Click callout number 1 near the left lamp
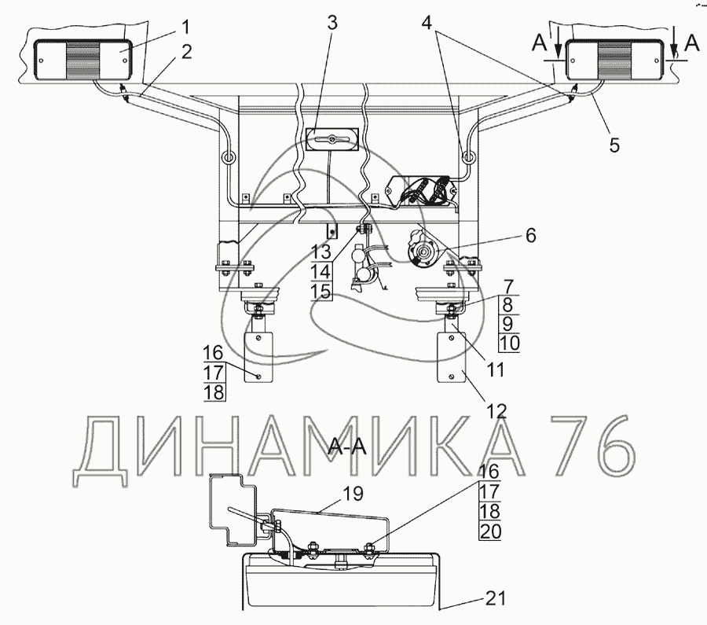[x=185, y=28]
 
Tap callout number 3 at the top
[x=332, y=23]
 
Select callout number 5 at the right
[x=614, y=145]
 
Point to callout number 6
[x=531, y=236]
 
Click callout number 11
[x=496, y=370]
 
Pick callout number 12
[x=496, y=411]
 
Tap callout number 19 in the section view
[x=353, y=494]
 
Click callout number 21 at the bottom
[x=496, y=599]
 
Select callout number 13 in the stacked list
[x=321, y=252]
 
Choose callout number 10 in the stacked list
[x=510, y=344]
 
